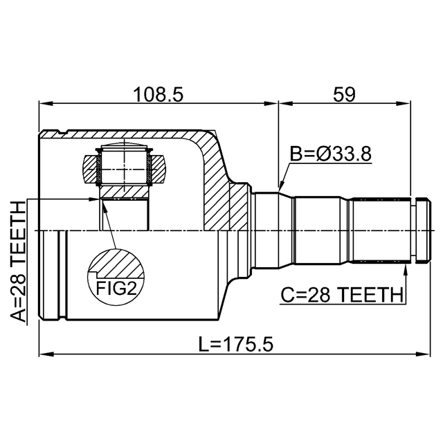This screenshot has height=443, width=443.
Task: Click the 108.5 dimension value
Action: point(159,95)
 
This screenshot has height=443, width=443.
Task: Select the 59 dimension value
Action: point(344,95)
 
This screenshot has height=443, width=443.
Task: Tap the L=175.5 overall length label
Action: point(236,345)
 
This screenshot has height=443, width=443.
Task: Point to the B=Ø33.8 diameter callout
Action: point(331,154)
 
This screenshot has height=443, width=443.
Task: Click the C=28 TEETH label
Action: point(342,295)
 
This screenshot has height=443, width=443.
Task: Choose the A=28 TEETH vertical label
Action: point(18,262)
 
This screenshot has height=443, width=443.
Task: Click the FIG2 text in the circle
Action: point(116,289)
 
